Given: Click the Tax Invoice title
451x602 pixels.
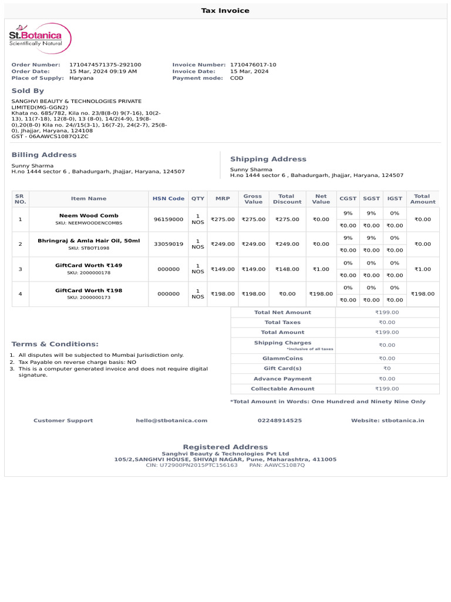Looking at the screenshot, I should [225, 11].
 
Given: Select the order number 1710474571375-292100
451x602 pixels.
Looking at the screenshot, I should [105, 65].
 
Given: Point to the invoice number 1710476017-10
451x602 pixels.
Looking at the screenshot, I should [253, 65].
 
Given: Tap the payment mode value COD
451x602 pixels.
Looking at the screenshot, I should [237, 78].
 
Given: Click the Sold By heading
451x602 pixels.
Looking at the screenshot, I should [28, 91].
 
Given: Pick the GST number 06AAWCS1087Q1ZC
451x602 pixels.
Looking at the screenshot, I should [59, 136].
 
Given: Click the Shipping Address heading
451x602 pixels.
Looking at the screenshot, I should [268, 159].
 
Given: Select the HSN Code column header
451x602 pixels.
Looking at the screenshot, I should [169, 199].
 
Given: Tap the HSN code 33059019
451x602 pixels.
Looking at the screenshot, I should [169, 244].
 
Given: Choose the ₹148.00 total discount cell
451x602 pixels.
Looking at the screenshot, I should [287, 269].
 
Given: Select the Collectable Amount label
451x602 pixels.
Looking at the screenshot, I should [282, 389].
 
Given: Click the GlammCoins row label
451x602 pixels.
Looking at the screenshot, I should [282, 358].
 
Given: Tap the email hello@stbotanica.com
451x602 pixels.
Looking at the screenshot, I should [171, 420].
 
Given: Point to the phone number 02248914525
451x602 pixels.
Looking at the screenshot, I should [280, 420].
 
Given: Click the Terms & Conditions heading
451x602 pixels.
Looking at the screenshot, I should [55, 344].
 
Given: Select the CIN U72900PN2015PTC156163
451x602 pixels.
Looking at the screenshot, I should [191, 465].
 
